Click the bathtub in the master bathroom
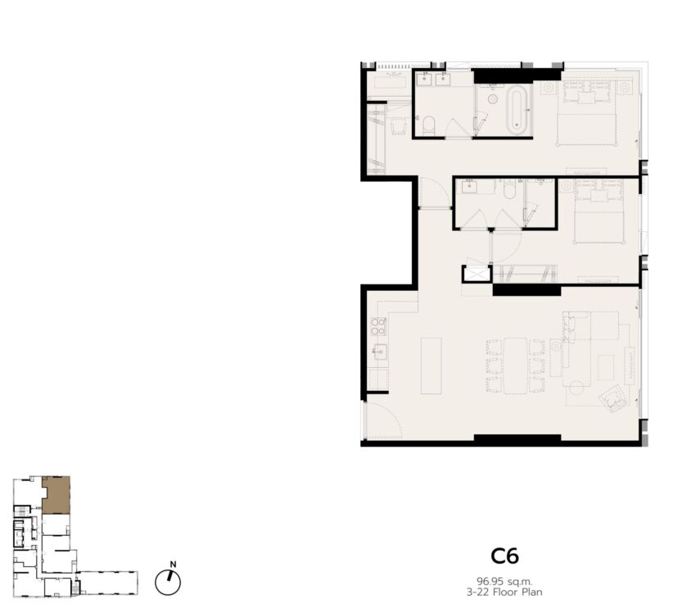tap(517, 110)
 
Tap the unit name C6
tap(504, 556)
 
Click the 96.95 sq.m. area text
tap(504, 581)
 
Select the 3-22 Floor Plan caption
tap(504, 593)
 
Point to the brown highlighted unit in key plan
tap(56, 495)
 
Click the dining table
tap(515, 366)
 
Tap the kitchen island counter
tap(431, 366)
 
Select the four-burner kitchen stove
tap(378, 326)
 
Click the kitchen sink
tap(379, 352)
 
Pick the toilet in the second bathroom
tap(509, 189)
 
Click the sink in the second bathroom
tap(469, 187)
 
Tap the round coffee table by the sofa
tap(576, 388)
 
